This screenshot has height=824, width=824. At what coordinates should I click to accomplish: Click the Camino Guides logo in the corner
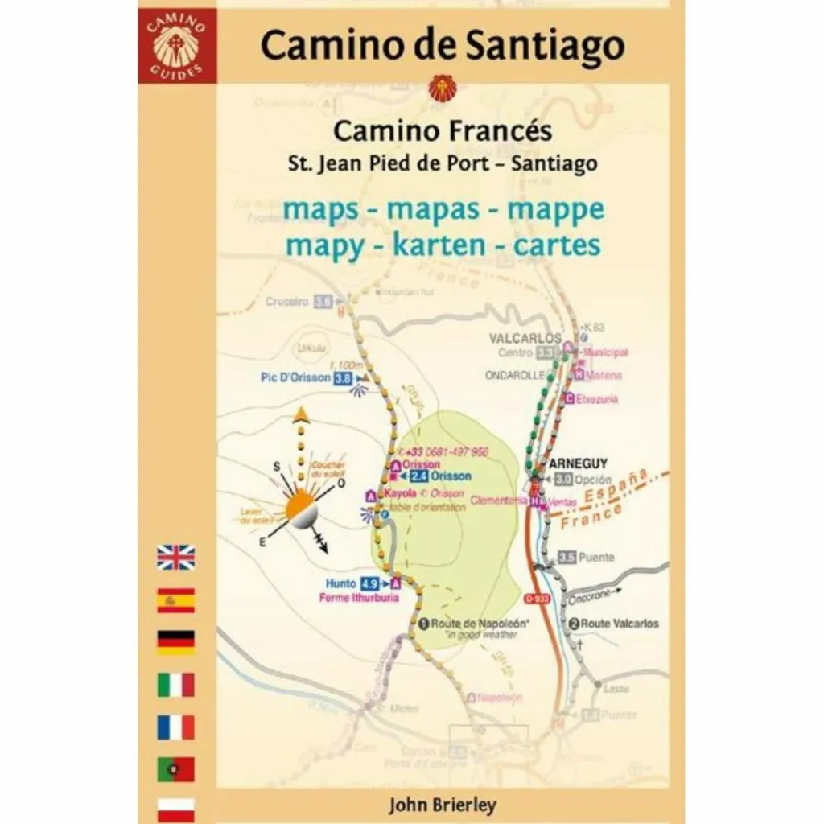(175, 45)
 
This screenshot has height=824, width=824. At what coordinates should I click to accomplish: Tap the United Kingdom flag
(175, 557)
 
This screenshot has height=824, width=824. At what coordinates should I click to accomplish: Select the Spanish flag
(175, 600)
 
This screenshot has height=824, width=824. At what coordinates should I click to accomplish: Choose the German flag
(175, 642)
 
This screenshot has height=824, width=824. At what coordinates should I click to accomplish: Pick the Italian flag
(175, 685)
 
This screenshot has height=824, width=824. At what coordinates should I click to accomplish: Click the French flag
(175, 727)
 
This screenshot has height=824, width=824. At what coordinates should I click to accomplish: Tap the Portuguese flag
(175, 769)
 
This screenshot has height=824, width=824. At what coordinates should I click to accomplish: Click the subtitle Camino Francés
(443, 130)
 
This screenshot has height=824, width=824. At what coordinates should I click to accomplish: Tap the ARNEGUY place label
(578, 463)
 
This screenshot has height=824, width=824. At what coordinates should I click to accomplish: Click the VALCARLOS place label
(525, 339)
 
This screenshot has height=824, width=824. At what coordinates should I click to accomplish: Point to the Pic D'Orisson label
(295, 377)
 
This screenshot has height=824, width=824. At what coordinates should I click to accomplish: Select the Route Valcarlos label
(620, 624)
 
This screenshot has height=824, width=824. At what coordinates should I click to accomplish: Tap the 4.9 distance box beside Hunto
(369, 583)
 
